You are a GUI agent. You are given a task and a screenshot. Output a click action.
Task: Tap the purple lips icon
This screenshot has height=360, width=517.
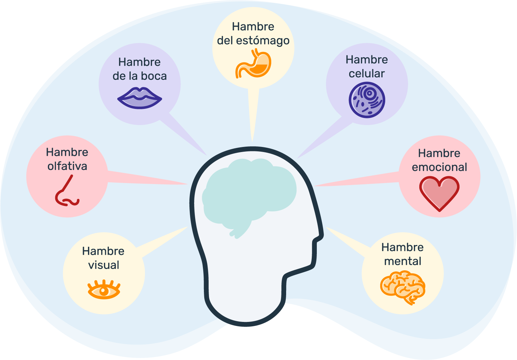[140, 98]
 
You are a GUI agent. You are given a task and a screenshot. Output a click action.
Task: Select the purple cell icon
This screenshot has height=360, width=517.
[367, 100]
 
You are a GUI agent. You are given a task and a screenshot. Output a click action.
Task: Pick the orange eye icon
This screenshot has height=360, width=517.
[104, 290]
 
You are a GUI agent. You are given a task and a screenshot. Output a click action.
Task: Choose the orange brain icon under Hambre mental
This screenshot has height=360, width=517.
[403, 288]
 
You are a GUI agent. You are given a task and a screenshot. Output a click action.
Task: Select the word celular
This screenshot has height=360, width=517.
[367, 73]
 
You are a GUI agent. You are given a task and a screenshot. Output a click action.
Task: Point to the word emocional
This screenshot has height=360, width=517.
[439, 167]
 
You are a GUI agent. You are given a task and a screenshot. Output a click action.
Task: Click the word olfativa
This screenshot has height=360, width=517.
[67, 166]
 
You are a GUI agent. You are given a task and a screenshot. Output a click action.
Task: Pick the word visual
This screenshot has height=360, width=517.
[104, 265]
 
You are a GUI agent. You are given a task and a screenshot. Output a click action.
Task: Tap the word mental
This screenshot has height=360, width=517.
[403, 261]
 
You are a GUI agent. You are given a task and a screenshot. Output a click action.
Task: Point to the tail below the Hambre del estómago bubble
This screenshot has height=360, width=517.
[253, 115]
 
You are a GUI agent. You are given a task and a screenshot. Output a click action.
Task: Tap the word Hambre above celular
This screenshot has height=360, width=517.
[367, 60]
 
